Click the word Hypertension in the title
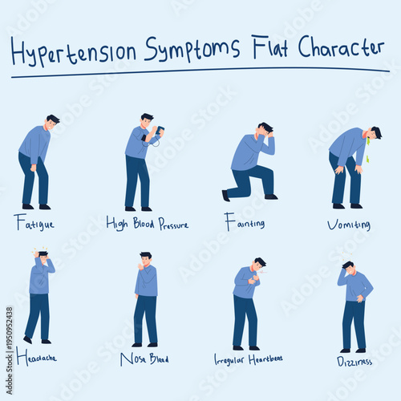74,51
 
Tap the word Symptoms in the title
192,50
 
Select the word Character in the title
341,47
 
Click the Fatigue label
34,222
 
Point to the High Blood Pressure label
148,223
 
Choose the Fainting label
245,223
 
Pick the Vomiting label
348,225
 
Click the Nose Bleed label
144,358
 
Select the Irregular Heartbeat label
248,358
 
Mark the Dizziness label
353,361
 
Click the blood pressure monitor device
159,132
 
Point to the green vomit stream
367,150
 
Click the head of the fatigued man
52,123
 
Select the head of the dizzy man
347,267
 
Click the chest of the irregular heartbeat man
248,279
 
